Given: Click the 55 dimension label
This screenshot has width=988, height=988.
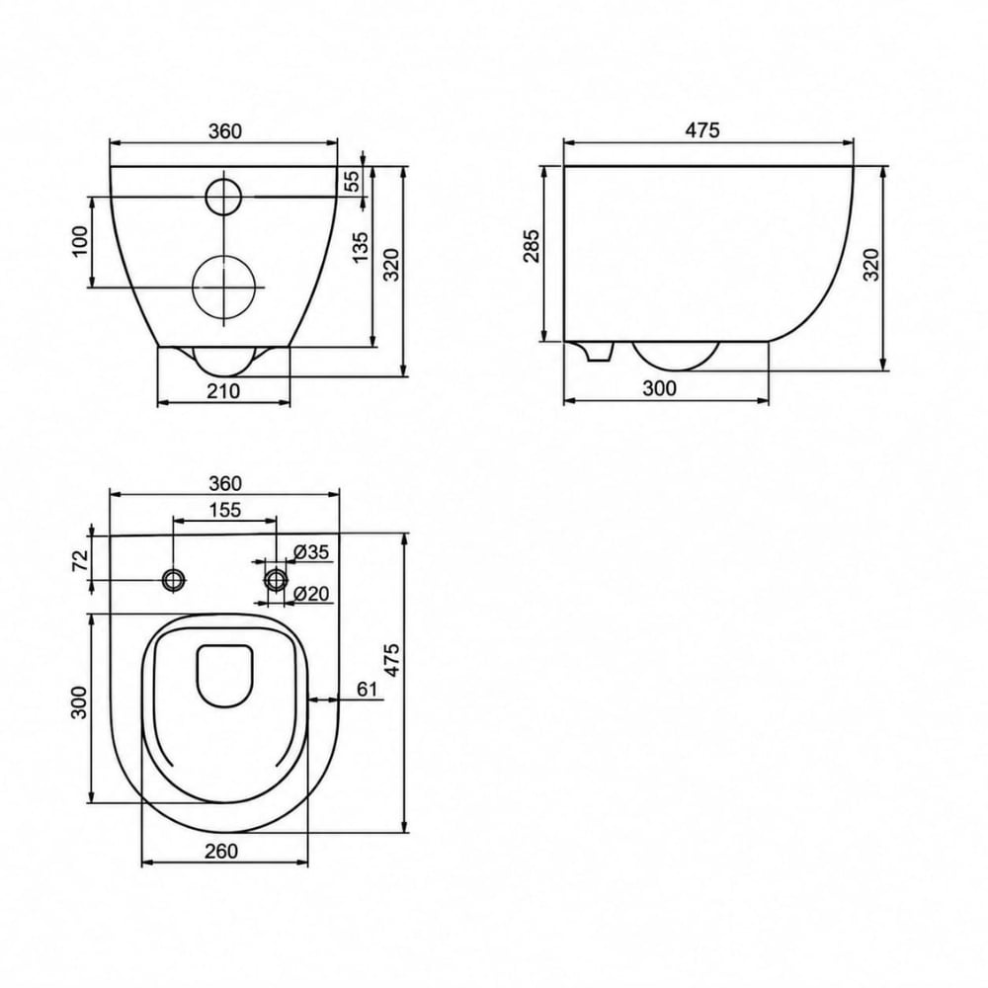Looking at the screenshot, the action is pyautogui.click(x=354, y=181).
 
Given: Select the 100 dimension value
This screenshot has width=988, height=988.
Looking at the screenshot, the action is pyautogui.click(x=81, y=241).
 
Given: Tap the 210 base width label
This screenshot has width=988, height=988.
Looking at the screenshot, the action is pyautogui.click(x=223, y=391).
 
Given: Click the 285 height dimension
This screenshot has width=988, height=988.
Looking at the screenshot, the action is pyautogui.click(x=532, y=246).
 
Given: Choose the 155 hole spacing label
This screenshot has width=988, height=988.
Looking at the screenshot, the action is pyautogui.click(x=225, y=509).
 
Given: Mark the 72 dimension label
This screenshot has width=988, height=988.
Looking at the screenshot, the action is pyautogui.click(x=80, y=560).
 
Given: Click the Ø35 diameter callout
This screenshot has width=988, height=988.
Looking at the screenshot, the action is pyautogui.click(x=311, y=552).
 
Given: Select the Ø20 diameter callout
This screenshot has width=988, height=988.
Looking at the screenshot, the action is pyautogui.click(x=311, y=593).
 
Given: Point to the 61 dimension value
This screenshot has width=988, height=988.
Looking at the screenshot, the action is pyautogui.click(x=367, y=690).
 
